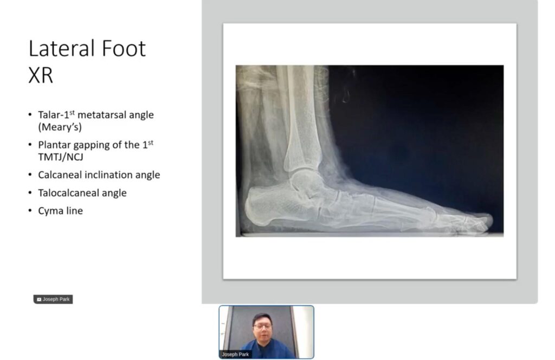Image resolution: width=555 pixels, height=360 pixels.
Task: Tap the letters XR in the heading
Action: [x=41, y=75]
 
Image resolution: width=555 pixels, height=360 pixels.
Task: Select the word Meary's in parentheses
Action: [x=60, y=127]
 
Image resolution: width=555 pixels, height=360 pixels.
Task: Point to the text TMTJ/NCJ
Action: [x=61, y=157]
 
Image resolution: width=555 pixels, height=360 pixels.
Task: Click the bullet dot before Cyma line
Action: [x=30, y=211]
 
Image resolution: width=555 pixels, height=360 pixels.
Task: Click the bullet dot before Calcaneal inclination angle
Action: [x=30, y=175]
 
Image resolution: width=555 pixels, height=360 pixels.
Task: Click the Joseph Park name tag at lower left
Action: [x=53, y=299]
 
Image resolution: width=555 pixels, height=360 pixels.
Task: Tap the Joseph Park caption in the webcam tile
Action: [x=235, y=354]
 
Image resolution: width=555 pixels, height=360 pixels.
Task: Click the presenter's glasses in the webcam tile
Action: [x=262, y=326]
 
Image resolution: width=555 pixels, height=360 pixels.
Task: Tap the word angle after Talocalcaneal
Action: [x=114, y=194]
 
